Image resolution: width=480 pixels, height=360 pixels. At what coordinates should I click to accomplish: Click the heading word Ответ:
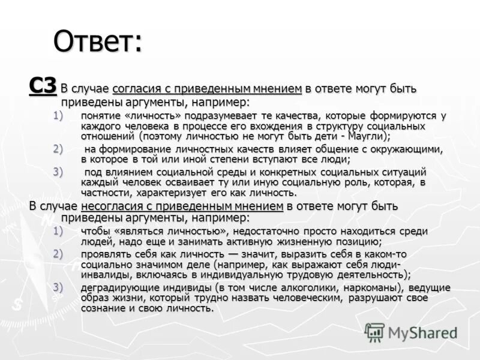[x=98, y=41]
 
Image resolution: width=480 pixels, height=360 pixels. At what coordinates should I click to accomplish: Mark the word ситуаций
[x=402, y=172]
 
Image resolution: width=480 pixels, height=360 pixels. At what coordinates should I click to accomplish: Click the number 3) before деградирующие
[x=57, y=286]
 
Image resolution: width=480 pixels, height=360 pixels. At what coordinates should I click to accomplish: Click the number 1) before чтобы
[x=57, y=231]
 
